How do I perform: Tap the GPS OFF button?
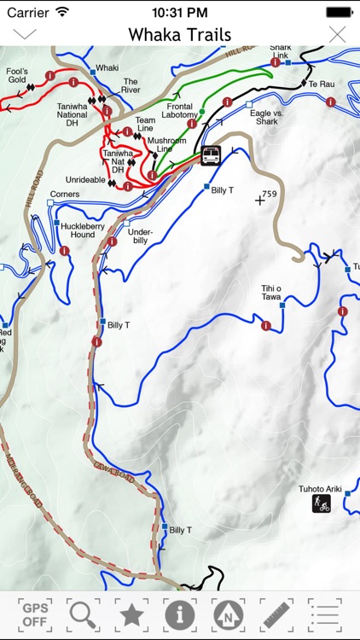[x=35, y=614]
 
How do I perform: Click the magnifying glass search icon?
[x=83, y=614]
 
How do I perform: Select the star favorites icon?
[x=131, y=614]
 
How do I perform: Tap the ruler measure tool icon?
[x=276, y=614]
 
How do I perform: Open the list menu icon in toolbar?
[x=324, y=614]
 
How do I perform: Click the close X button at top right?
[x=338, y=34]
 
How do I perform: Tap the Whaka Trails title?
[x=180, y=34]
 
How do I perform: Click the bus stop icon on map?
[x=210, y=155]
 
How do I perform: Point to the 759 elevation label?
[x=270, y=195]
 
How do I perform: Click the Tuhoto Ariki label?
[x=320, y=489]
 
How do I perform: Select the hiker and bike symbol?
[x=322, y=503]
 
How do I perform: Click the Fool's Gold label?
[x=18, y=76]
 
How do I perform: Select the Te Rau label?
[x=321, y=84]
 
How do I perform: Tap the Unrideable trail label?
[x=85, y=180]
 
